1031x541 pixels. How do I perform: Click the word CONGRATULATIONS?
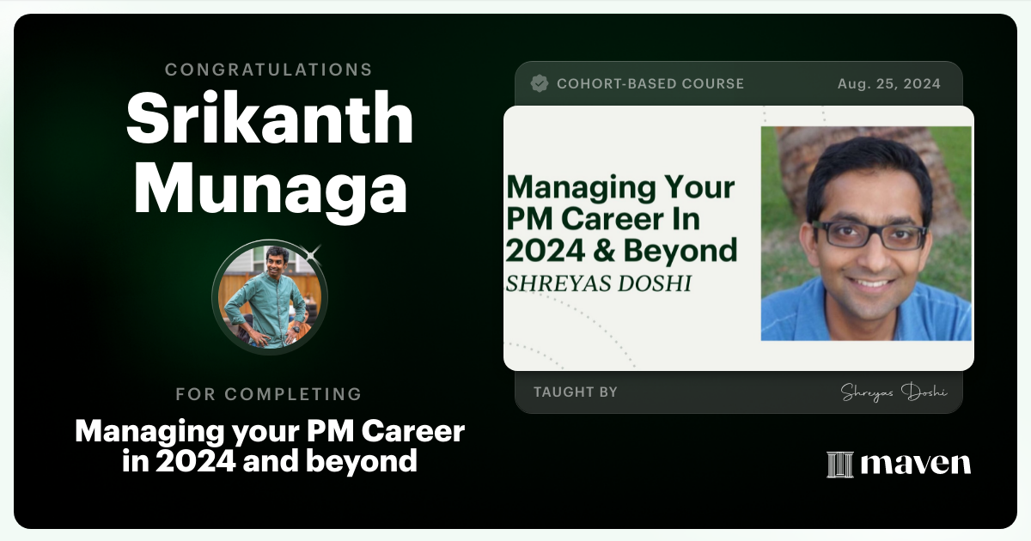pyautogui.click(x=269, y=70)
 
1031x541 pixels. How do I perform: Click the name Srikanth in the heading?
pyautogui.click(x=270, y=119)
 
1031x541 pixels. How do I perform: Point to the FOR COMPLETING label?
pyautogui.click(x=269, y=394)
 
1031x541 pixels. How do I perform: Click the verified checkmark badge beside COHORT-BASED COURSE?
pyautogui.click(x=540, y=83)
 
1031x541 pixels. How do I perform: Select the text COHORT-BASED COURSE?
pyautogui.click(x=650, y=84)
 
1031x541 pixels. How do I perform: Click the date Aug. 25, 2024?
pyautogui.click(x=888, y=84)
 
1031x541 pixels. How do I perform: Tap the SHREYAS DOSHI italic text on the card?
pyautogui.click(x=599, y=283)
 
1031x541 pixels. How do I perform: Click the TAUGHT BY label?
pyautogui.click(x=575, y=392)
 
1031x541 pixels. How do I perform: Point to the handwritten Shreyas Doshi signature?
pyautogui.click(x=894, y=392)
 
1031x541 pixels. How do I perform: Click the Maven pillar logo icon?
pyautogui.click(x=839, y=464)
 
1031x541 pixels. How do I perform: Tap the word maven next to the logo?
pyautogui.click(x=915, y=464)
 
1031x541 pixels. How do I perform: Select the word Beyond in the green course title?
pyautogui.click(x=692, y=250)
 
